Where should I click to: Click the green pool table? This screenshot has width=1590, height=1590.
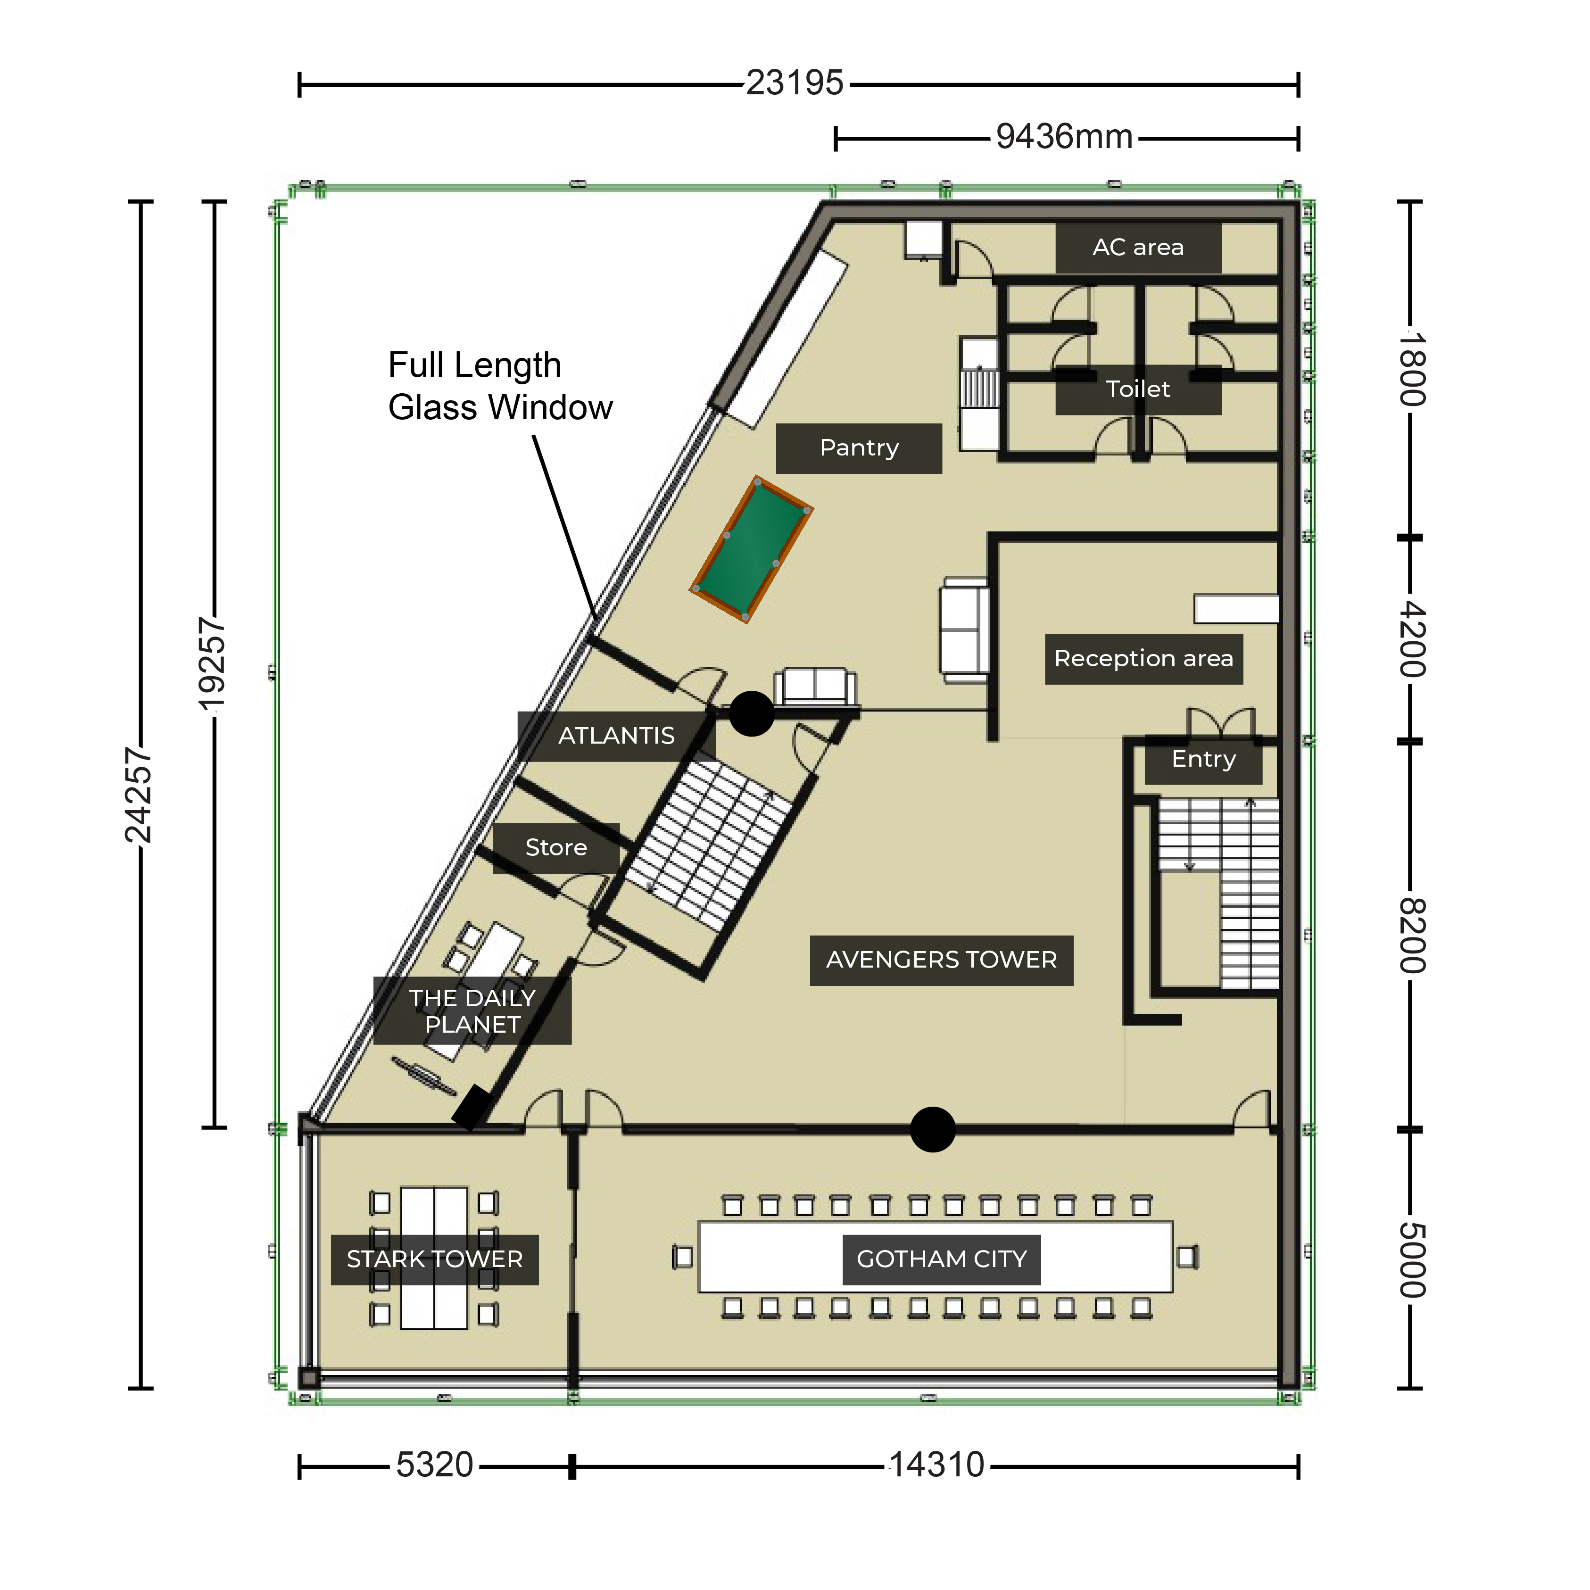point(751,550)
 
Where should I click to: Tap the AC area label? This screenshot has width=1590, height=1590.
point(1138,247)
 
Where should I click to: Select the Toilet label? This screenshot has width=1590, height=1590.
point(1138,389)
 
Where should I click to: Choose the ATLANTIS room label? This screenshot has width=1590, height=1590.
point(616,736)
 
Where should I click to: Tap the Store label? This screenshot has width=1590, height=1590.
point(556,848)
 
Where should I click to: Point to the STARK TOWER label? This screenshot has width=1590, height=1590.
point(435,1259)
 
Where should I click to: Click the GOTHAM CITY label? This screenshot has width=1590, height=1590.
point(942,1259)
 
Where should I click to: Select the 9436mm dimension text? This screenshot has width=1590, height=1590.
point(1064,137)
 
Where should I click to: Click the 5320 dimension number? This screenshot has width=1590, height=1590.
point(435,1465)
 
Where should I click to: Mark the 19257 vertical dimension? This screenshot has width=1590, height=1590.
point(212,664)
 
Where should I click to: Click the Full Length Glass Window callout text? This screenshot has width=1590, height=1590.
point(500,386)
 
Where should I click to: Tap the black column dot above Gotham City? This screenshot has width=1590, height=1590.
point(932,1129)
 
